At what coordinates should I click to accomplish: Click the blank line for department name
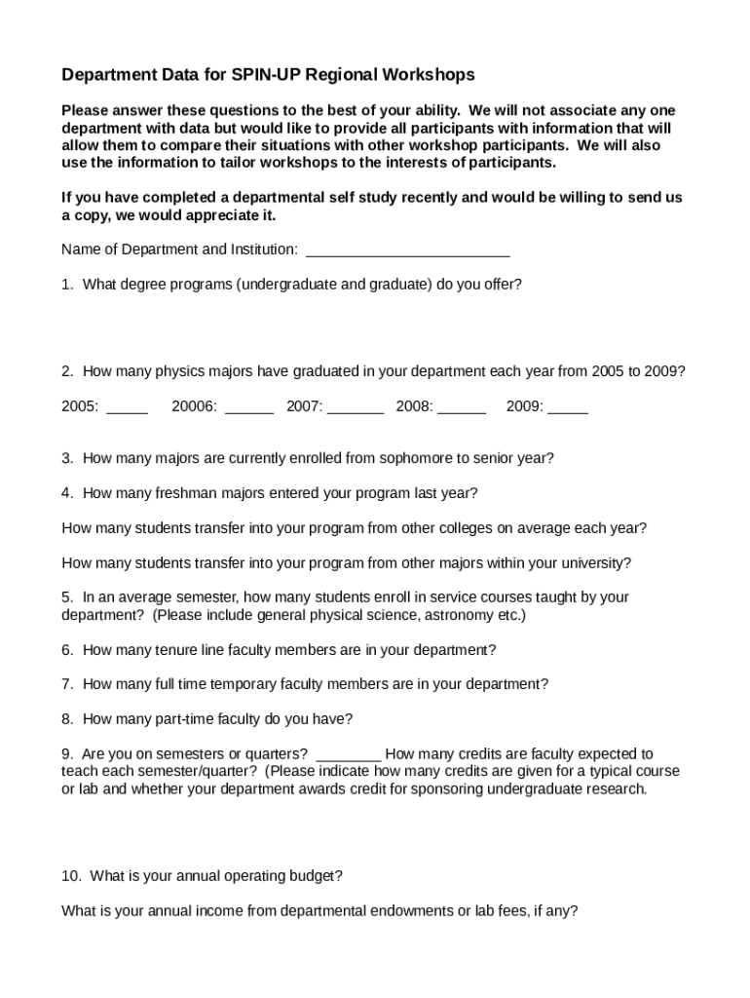coord(407,251)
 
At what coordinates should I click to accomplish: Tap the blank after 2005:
coord(127,409)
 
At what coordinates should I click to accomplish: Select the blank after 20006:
coord(248,409)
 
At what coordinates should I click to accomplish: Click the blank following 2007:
coord(356,409)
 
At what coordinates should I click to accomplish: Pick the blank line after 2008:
coord(462,409)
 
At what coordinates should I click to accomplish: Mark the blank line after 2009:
coord(568,409)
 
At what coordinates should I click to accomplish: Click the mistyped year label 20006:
coord(194,406)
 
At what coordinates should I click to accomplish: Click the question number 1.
coord(66,285)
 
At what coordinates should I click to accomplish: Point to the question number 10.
coord(70,876)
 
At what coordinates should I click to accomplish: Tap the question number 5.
coord(66,597)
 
